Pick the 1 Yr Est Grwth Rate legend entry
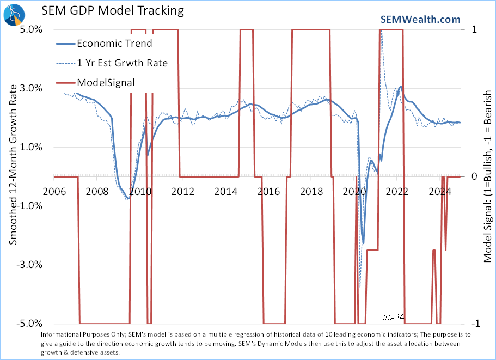pos(122,63)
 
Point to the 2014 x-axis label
pos(225,191)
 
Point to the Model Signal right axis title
pos(487,176)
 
